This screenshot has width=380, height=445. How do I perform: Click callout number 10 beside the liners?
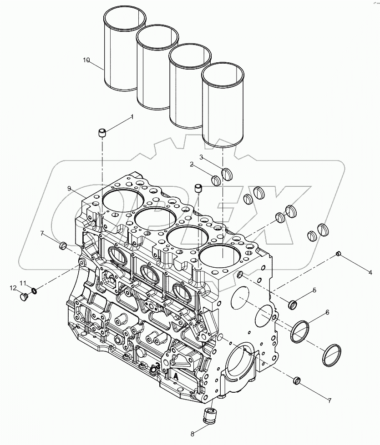coord(87,60)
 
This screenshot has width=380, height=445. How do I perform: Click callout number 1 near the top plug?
coord(132,117)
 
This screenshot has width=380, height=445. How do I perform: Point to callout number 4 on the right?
coord(370,272)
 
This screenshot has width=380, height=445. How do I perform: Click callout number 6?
coord(327,313)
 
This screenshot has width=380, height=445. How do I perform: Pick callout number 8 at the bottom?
coord(192,434)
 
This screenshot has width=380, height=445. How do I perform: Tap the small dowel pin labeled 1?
coord(102,133)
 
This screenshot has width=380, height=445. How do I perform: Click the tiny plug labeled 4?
coord(338,253)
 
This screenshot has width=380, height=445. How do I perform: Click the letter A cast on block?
coord(175,375)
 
